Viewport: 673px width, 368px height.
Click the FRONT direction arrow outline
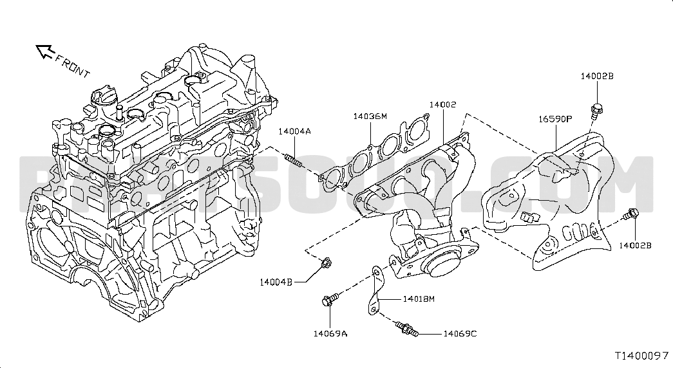(x=44, y=51)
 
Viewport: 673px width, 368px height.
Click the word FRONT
(x=73, y=66)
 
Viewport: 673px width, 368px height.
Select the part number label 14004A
(x=294, y=132)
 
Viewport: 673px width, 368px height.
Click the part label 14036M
(x=370, y=116)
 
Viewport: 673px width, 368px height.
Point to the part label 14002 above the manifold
(x=443, y=105)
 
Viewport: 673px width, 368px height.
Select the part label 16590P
(x=555, y=119)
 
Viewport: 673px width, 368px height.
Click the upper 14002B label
(x=597, y=77)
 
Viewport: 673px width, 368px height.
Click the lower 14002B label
(x=635, y=245)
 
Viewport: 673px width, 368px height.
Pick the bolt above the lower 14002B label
(x=632, y=213)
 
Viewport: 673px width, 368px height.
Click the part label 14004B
(x=276, y=282)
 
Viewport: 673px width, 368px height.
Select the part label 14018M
(x=419, y=299)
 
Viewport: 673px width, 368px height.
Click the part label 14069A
(x=330, y=334)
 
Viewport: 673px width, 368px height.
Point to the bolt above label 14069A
(x=330, y=299)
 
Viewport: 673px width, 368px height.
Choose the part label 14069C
(x=460, y=334)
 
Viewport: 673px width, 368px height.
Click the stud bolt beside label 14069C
(x=406, y=329)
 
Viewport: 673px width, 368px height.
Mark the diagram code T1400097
(x=642, y=356)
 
